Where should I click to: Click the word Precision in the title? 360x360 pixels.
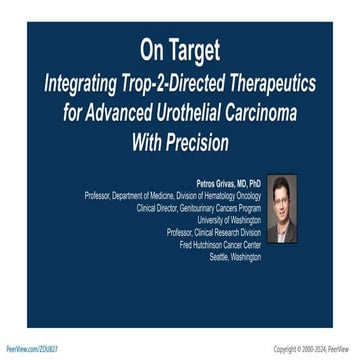[x=195, y=142]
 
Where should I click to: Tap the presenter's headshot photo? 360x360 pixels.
[x=280, y=209]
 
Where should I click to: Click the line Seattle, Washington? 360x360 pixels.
[x=235, y=256]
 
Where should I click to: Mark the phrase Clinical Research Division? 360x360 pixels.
[x=227, y=232]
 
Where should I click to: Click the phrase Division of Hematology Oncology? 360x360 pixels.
[x=221, y=196]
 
